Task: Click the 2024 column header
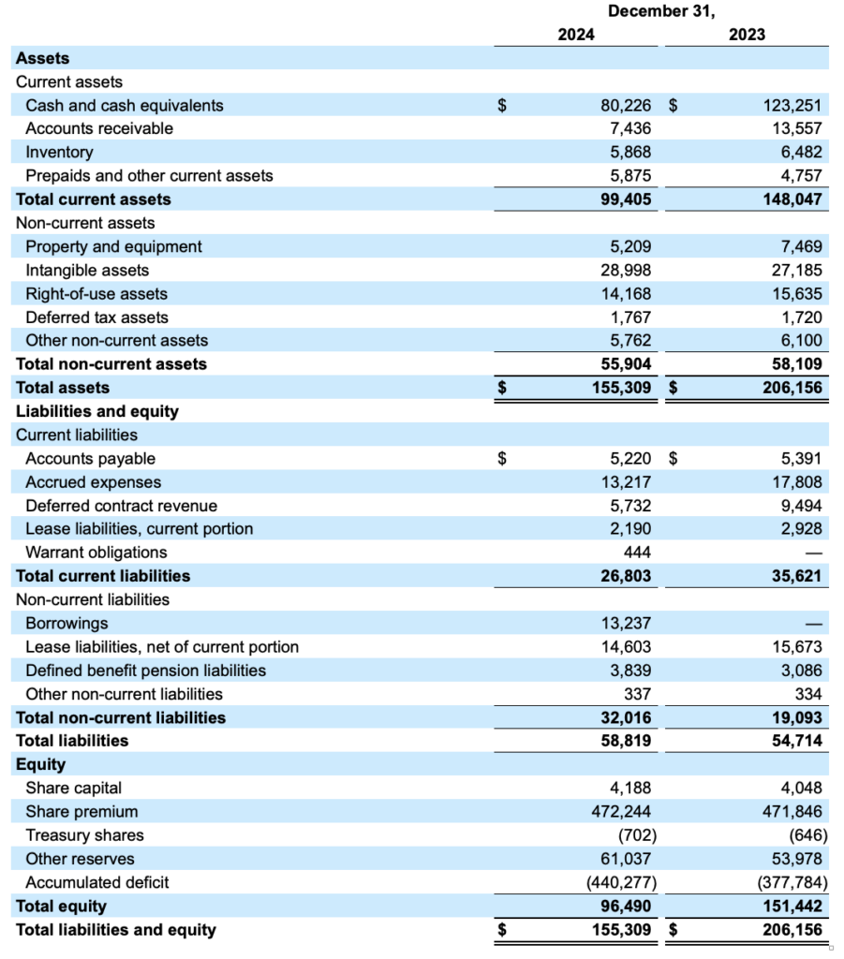click(x=576, y=35)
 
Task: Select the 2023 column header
click(x=747, y=35)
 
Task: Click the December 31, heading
click(x=660, y=11)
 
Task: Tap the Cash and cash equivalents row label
click(x=125, y=106)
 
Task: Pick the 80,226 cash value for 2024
click(x=626, y=106)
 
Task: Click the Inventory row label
click(x=60, y=153)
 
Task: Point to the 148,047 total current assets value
click(x=792, y=199)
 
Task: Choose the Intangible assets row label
click(x=87, y=271)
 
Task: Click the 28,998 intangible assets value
click(x=628, y=271)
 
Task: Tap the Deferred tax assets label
click(x=97, y=317)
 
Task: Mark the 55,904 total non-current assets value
click(x=626, y=364)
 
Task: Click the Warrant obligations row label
click(x=96, y=553)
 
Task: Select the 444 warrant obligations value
click(x=637, y=553)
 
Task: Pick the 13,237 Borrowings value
click(x=626, y=624)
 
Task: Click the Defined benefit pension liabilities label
click(x=146, y=671)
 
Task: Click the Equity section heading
click(x=41, y=764)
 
